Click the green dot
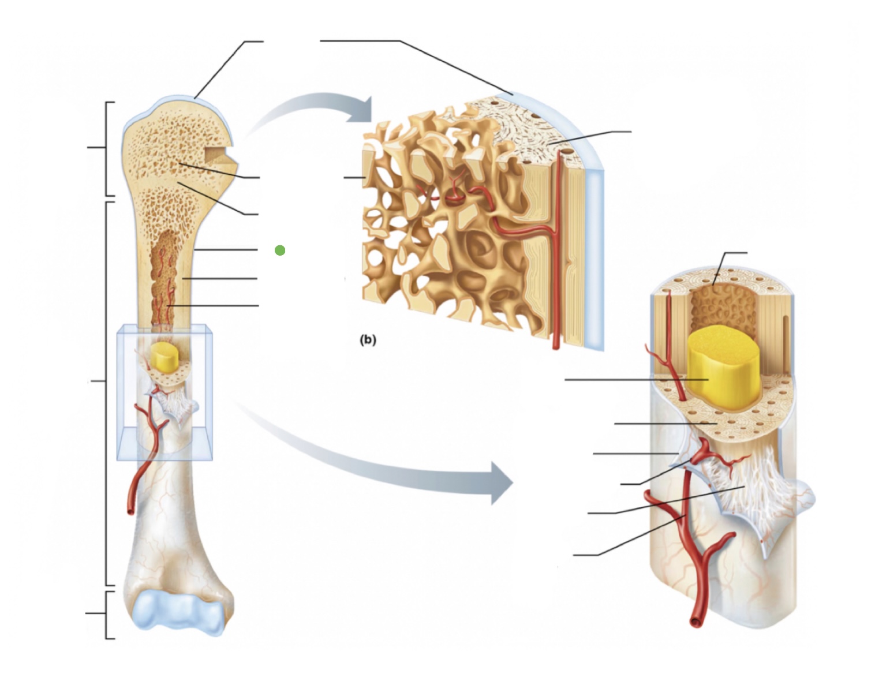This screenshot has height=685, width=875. pos(280,250)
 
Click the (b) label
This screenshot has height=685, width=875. pos(368,340)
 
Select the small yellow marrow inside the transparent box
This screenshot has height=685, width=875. pos(165,357)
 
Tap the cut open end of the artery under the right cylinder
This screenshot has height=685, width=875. pos(697,622)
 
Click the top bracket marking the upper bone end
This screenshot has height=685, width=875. pos(107,148)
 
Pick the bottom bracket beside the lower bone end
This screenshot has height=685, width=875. pos(107,614)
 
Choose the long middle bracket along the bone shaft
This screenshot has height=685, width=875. pos(107,392)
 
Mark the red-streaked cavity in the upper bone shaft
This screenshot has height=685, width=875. pos(164,277)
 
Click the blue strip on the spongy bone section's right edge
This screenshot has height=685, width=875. pos(594,260)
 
